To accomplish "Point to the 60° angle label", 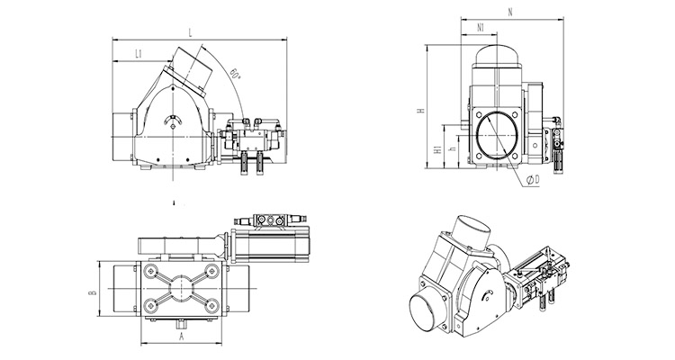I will (x=235, y=72).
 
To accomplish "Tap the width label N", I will (x=509, y=13).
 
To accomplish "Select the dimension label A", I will (x=182, y=337).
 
